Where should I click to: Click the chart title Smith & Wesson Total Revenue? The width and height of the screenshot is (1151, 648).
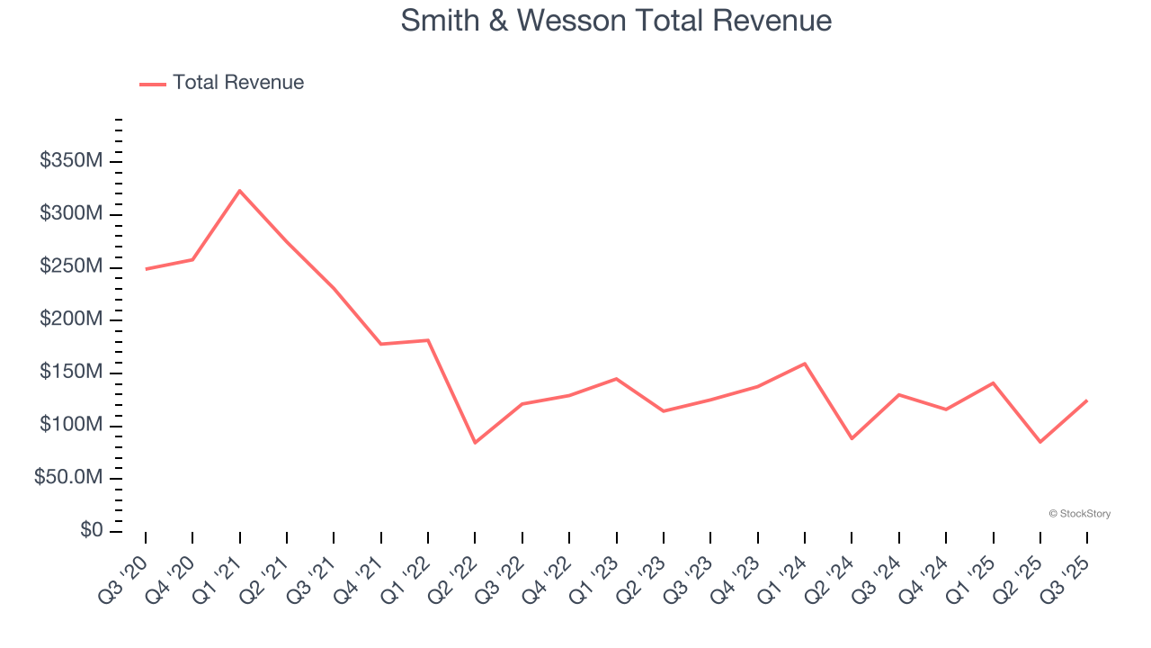point(616,21)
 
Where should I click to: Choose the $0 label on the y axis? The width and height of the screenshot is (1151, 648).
point(91,531)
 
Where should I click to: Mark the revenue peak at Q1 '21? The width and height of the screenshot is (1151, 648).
point(239,191)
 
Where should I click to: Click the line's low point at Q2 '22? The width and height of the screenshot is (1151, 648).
point(475,442)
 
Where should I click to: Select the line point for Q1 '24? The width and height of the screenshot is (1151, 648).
point(804,364)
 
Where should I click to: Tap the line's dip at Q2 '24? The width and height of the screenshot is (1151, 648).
point(852,438)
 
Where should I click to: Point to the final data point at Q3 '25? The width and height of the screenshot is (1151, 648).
point(1087,400)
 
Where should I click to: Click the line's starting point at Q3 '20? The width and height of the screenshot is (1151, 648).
point(146,269)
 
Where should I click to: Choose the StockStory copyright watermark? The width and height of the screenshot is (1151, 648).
point(1079,514)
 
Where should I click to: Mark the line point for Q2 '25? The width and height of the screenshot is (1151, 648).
point(1039,442)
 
